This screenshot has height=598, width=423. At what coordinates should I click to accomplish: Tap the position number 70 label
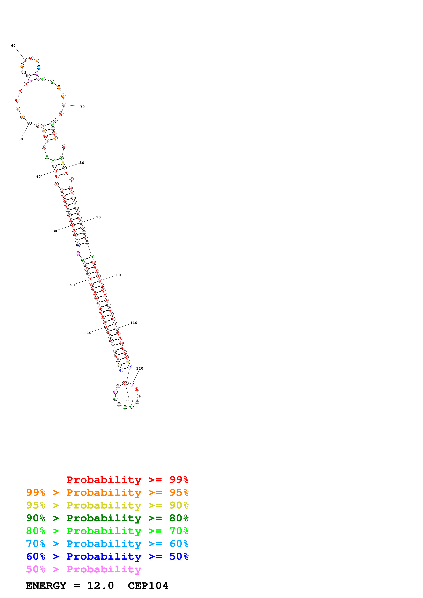coord(82,107)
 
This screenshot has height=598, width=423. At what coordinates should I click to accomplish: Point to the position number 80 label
coord(82,163)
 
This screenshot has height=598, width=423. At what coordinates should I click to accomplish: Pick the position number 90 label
coord(98,217)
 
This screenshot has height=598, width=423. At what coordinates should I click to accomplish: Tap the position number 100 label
coord(117,275)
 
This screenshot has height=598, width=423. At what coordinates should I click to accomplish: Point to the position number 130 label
coord(129,401)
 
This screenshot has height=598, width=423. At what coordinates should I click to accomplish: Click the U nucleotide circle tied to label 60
coord(25,60)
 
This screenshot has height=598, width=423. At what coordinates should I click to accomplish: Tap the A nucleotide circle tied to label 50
coord(29,123)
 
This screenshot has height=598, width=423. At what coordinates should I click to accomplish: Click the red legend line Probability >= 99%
coord(127,480)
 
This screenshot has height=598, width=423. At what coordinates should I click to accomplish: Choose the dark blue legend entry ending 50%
coord(107,556)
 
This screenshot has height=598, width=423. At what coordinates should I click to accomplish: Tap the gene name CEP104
coord(148,586)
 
